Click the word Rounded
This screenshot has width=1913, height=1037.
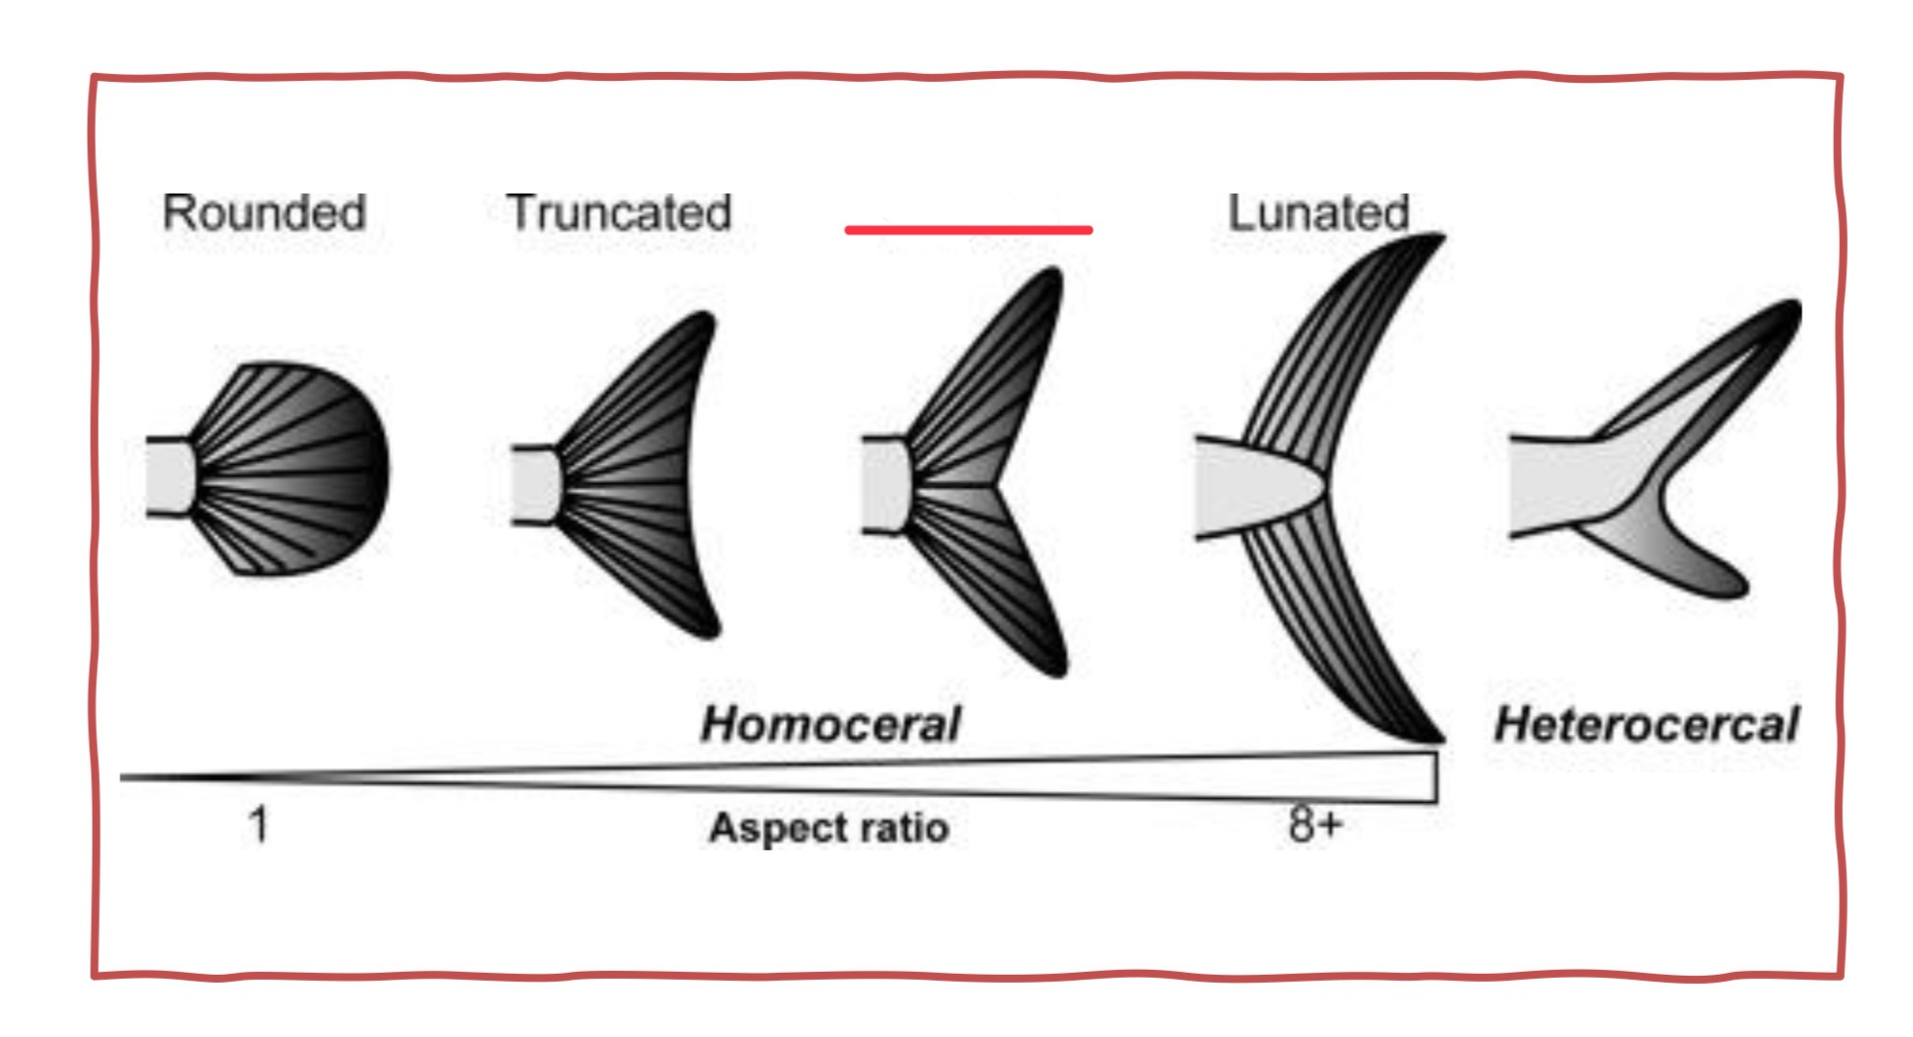coord(264,213)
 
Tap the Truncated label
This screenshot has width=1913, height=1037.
coord(619,213)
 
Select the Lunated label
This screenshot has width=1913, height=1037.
coord(1318,213)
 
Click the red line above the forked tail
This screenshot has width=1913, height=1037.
coord(967,230)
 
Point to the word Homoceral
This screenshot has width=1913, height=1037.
coord(829,725)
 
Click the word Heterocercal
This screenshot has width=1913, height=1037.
coord(1645,725)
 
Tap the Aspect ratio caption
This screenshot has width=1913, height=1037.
coord(829,828)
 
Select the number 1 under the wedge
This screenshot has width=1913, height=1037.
coord(259,824)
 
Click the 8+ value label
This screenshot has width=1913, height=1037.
coord(1315,824)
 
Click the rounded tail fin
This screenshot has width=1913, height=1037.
coord(296,469)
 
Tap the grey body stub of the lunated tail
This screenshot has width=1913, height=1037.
coord(1249,486)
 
